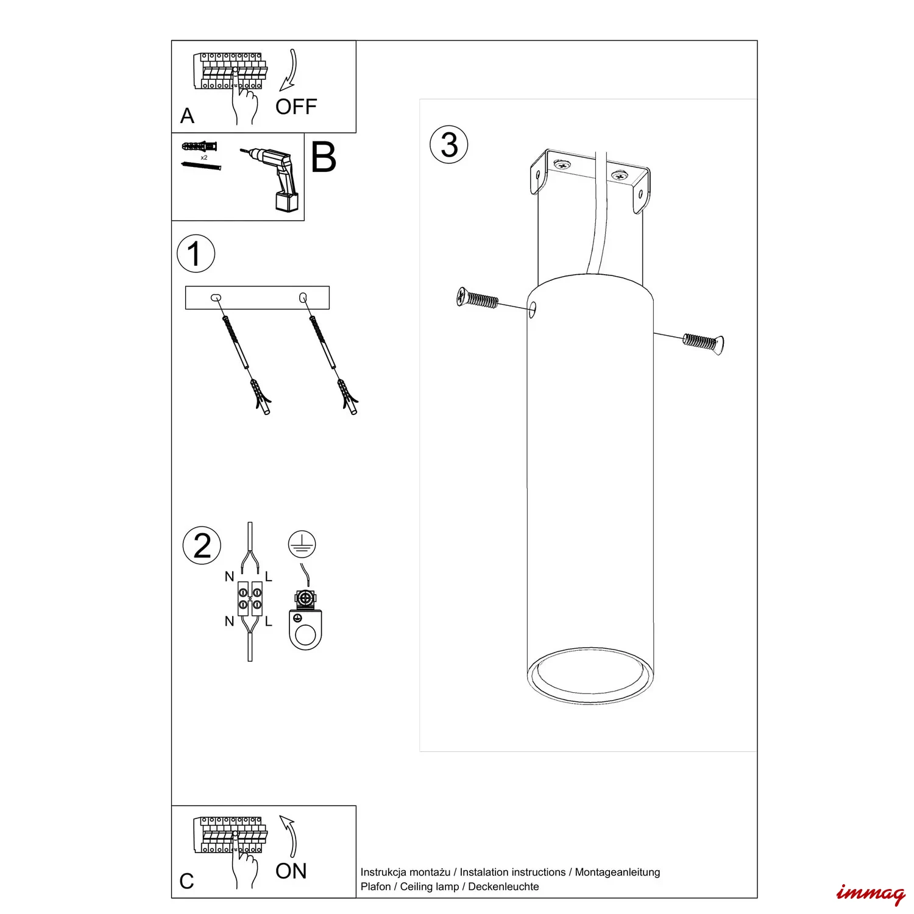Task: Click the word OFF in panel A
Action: pos(296,107)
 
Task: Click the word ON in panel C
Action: pos(291,871)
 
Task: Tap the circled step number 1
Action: pos(196,253)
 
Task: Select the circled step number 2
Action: pos(202,545)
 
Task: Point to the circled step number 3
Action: pos(449,145)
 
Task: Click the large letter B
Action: pos(324,158)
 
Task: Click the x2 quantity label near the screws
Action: pos(204,157)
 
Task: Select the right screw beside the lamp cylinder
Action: pos(703,342)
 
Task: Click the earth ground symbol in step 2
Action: pos(302,544)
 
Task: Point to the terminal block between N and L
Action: pos(250,598)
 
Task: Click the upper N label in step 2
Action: pos(229,576)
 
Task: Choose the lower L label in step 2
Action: pos(269,622)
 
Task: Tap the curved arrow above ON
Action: pos(289,837)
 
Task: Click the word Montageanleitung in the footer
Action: pos(617,873)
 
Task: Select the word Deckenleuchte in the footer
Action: pos(503,887)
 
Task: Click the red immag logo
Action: pos(871,894)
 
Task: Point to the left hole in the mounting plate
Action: pos(216,298)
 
